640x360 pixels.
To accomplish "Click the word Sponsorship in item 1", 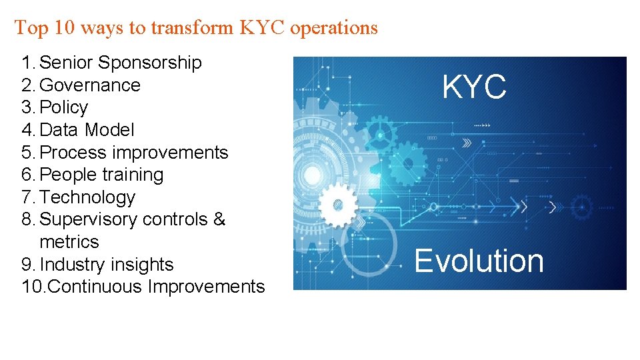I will [150, 63].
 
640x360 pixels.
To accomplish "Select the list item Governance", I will [90, 85].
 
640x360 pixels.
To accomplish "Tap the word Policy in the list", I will [64, 108].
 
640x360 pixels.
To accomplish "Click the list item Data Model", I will [87, 130].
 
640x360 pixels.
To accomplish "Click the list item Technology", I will [87, 197].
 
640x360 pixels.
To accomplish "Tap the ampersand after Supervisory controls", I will [219, 219].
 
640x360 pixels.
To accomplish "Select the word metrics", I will [69, 242].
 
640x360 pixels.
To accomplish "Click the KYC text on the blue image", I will [474, 87].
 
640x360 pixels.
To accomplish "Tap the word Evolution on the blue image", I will [479, 261].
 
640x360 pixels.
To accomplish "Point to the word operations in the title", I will [334, 28].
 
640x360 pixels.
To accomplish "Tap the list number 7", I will [27, 197].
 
